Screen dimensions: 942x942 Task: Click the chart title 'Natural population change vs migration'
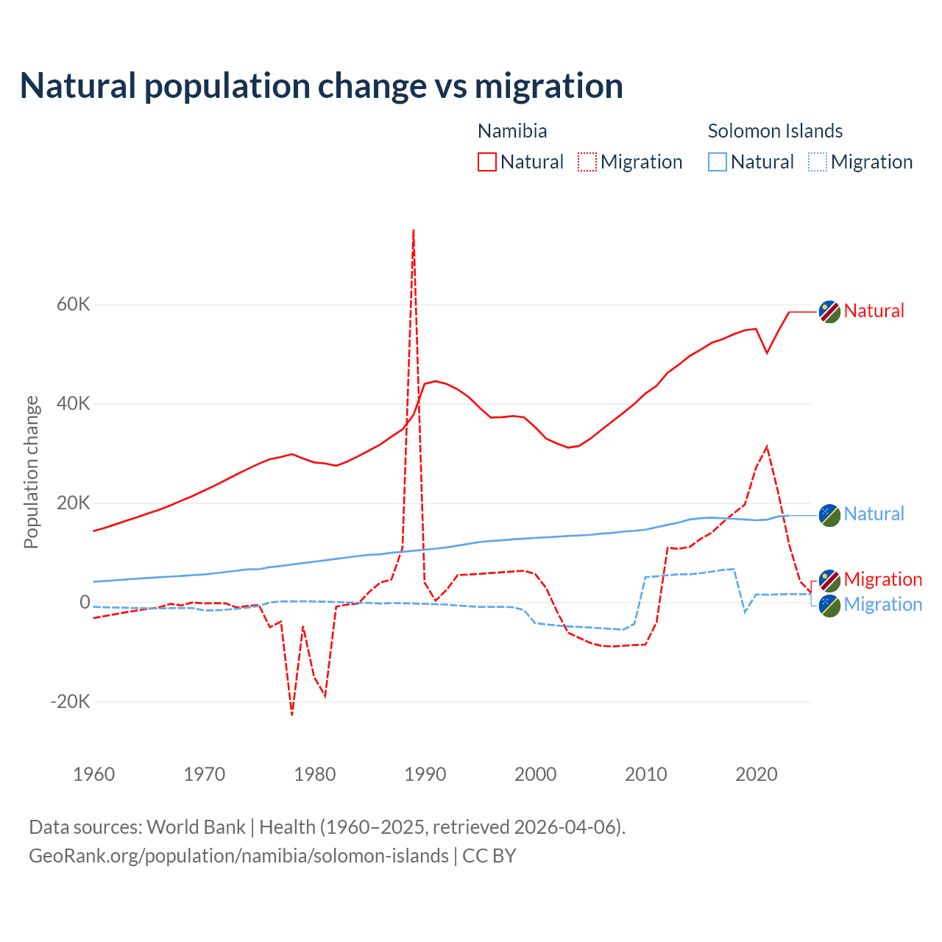click(x=322, y=85)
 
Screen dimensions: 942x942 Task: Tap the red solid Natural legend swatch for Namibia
click(x=486, y=162)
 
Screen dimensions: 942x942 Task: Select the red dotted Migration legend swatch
click(x=587, y=162)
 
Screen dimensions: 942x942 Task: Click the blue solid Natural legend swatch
click(x=718, y=162)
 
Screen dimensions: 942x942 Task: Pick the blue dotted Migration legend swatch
click(x=818, y=162)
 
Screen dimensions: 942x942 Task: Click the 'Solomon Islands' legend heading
click(x=775, y=131)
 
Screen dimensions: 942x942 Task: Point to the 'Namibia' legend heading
click(x=512, y=131)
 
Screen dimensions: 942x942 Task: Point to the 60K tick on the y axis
click(x=74, y=305)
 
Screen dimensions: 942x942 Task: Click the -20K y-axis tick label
click(x=71, y=701)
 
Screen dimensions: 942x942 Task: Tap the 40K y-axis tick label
click(x=74, y=404)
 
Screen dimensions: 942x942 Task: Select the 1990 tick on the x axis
click(x=425, y=774)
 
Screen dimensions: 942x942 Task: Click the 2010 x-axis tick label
click(x=646, y=774)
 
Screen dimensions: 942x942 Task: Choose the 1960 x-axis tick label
click(x=94, y=774)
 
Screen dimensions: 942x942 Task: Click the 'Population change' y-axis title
click(x=31, y=472)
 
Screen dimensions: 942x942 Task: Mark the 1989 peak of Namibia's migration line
click(x=414, y=230)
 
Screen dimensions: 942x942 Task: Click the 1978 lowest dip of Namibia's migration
click(x=292, y=714)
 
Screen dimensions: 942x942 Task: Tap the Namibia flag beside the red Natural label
click(x=829, y=311)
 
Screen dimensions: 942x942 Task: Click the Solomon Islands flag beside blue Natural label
click(x=829, y=515)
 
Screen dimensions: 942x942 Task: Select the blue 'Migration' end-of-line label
click(x=882, y=604)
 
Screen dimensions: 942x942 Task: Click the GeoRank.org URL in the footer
click(x=238, y=856)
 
